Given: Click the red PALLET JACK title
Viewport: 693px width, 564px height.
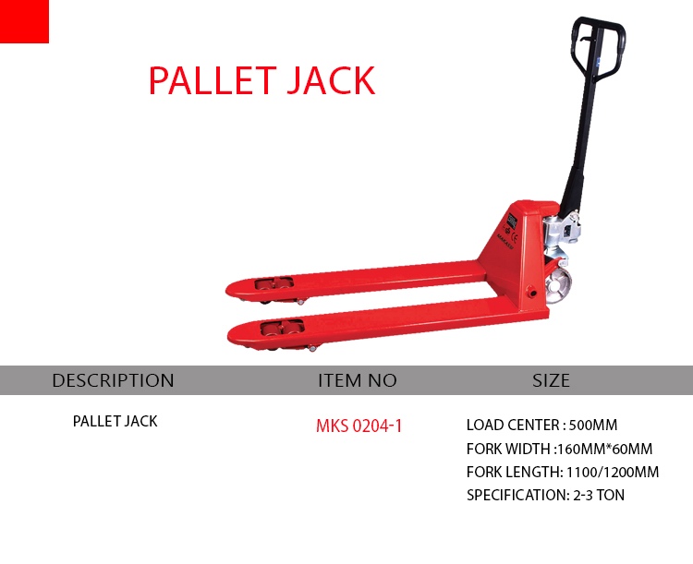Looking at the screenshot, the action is tap(262, 80).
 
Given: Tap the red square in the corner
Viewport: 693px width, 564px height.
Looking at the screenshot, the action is tap(24, 21).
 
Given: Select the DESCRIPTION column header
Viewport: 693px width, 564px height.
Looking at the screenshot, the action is tap(113, 380).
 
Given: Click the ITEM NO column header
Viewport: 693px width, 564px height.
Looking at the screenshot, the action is tap(357, 380).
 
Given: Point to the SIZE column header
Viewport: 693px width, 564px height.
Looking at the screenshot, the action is tap(551, 380).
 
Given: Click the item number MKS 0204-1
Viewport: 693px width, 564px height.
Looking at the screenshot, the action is tap(359, 426).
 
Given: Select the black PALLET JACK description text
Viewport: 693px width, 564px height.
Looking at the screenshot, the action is tap(115, 421).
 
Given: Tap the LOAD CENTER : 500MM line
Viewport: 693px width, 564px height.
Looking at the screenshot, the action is tap(541, 425).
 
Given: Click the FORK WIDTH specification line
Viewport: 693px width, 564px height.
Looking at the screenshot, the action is tap(560, 449).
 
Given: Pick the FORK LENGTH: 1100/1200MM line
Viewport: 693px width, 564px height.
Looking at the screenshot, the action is tap(563, 472).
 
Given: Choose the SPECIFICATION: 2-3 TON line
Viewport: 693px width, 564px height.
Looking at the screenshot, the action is tap(545, 495).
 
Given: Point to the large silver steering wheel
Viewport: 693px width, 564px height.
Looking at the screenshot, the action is tap(558, 287).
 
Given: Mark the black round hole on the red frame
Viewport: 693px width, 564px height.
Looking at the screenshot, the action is tap(532, 294).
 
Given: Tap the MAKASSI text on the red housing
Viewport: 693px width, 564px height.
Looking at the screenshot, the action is tap(505, 242).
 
